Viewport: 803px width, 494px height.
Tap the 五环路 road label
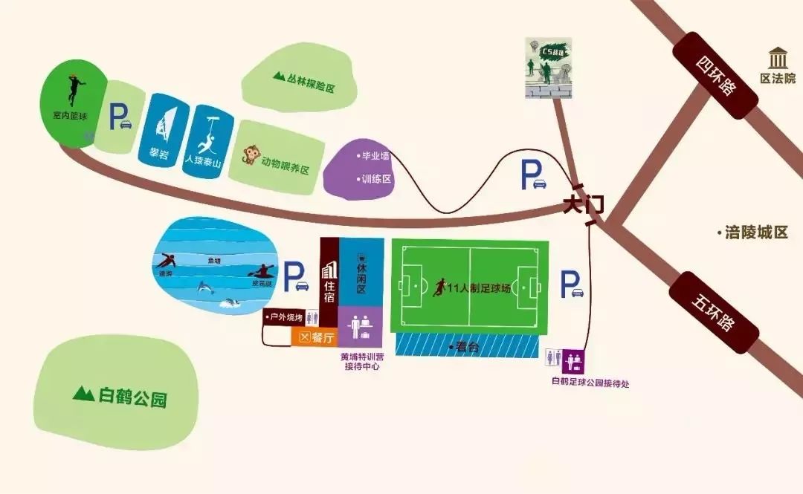(713, 313)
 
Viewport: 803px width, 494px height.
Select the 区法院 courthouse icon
(778, 58)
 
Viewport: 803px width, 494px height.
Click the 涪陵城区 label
(757, 233)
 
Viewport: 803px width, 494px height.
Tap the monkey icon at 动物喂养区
(249, 156)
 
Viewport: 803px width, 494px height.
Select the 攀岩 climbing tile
(161, 129)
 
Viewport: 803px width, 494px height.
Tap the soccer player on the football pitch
(439, 287)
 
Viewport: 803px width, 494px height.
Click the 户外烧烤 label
(286, 318)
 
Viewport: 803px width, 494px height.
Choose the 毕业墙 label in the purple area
(375, 157)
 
